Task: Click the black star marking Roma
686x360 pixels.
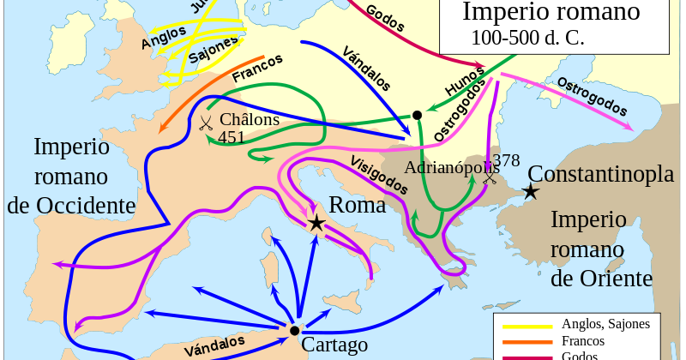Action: [x=316, y=224]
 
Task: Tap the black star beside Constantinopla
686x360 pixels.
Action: [x=532, y=192]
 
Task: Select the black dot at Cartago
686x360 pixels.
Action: [x=294, y=331]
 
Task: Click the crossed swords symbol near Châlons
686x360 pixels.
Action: [x=206, y=123]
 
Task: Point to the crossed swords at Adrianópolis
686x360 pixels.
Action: [x=490, y=178]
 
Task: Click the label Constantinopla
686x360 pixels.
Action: [x=600, y=174]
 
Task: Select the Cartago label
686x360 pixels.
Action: [x=334, y=345]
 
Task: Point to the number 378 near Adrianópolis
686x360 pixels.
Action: [x=506, y=160]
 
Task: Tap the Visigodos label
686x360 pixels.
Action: [x=377, y=175]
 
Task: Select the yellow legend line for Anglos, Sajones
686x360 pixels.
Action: [x=525, y=325]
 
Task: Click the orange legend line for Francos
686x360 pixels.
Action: [x=525, y=341]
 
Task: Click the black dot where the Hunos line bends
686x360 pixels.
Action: [x=417, y=115]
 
